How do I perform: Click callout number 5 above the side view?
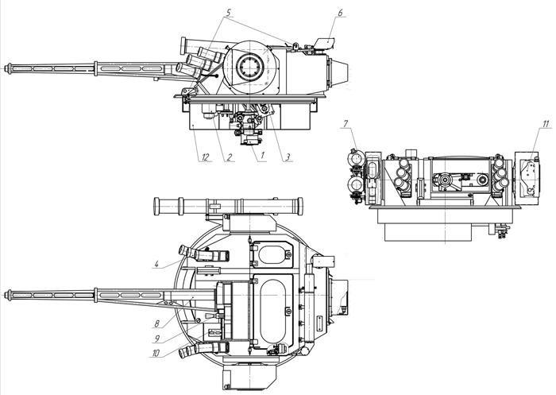pyautogui.click(x=228, y=13)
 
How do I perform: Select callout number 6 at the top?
pyautogui.click(x=340, y=13)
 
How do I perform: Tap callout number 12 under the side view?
pyautogui.click(x=205, y=157)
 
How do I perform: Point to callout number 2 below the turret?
pyautogui.click(x=229, y=157)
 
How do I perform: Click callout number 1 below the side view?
pyautogui.click(x=262, y=156)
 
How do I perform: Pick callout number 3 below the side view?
pyautogui.click(x=288, y=157)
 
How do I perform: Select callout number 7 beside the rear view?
pyautogui.click(x=346, y=124)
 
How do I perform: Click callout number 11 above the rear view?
pyautogui.click(x=546, y=124)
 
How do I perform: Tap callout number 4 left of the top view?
pyautogui.click(x=156, y=264)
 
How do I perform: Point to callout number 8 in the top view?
pyautogui.click(x=156, y=323)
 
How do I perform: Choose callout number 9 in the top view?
pyautogui.click(x=157, y=339)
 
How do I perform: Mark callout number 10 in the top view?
pyautogui.click(x=156, y=353)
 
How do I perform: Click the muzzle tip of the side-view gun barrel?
pyautogui.click(x=5, y=68)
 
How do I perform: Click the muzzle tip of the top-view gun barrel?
pyautogui.click(x=5, y=295)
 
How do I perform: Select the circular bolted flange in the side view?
pyautogui.click(x=250, y=67)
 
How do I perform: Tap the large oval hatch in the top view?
pyautogui.click(x=272, y=312)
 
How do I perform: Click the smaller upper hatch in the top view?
pyautogui.click(x=272, y=254)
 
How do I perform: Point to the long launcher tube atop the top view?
pyautogui.click(x=229, y=206)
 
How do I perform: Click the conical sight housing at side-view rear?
pyautogui.click(x=339, y=73)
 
